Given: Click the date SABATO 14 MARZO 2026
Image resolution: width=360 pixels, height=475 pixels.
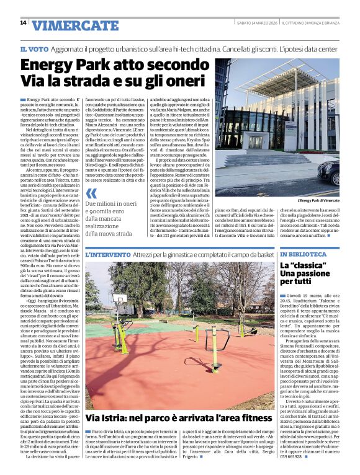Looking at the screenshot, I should pos(251,23).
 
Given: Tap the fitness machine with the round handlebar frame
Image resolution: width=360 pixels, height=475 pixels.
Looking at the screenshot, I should pos(214,341).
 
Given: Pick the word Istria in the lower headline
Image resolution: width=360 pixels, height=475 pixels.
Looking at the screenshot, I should pos(119,418).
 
